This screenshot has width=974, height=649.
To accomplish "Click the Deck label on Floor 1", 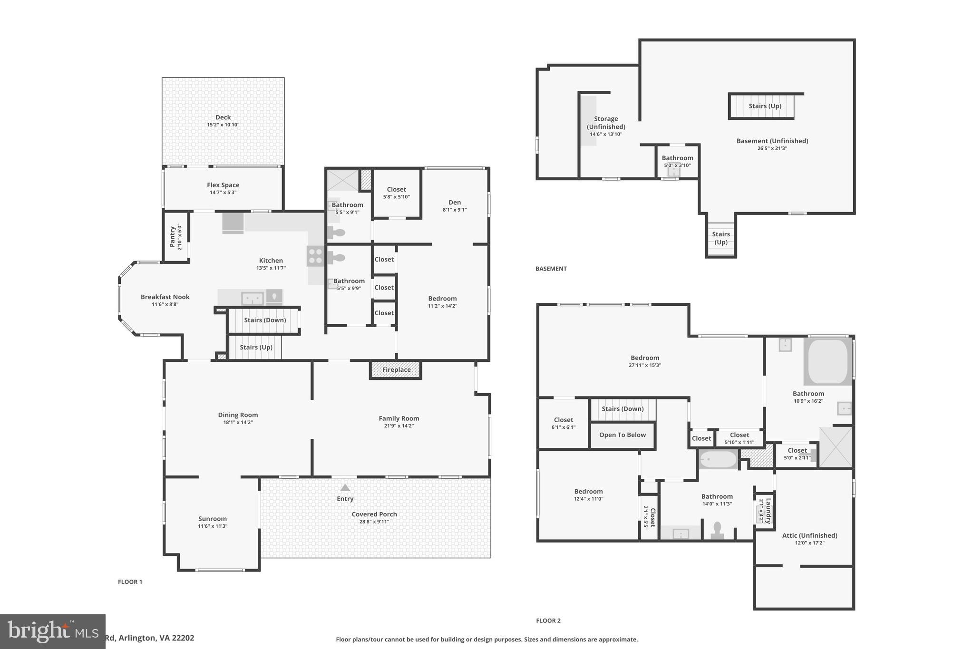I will tap(223, 117).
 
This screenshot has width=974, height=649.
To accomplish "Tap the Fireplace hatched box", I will tap(396, 370).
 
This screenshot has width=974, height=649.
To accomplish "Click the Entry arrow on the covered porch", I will tap(345, 488).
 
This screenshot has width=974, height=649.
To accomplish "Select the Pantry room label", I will tap(173, 236).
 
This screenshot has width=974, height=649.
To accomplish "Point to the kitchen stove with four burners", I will tap(315, 255).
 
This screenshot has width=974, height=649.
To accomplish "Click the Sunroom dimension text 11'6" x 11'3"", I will tap(213, 526).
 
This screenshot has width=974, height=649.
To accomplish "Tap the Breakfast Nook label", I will tap(165, 297).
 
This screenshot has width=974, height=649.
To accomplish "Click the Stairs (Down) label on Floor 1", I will tap(265, 320).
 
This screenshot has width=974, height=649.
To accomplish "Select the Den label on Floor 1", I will tap(455, 203).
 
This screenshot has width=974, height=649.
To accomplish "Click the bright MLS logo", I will tap(52, 631).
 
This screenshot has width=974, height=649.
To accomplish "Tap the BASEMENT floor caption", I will tap(551, 269).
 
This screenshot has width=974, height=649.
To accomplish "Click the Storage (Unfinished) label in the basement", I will tap(606, 123).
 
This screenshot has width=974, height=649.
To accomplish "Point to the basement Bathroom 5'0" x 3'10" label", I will tap(677, 158).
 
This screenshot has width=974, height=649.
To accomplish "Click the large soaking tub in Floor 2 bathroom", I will tap(827, 362).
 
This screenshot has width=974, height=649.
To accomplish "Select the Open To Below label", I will tap(622, 435).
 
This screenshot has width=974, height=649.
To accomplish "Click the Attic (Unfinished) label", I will tap(809, 535).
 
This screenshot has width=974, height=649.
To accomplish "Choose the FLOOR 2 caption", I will tap(548, 620).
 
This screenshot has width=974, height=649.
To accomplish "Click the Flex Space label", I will tap(223, 185).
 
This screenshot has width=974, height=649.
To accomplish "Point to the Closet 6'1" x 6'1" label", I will tap(563, 420).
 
